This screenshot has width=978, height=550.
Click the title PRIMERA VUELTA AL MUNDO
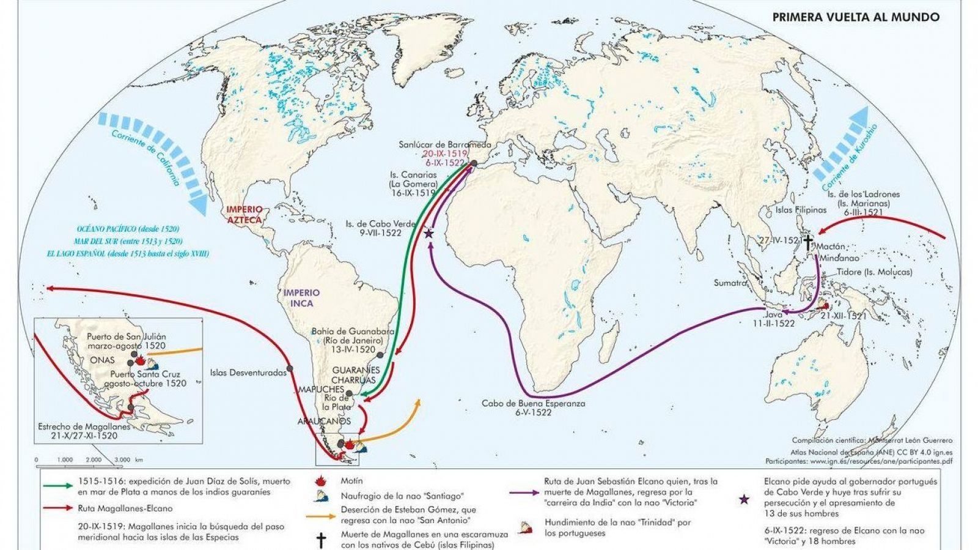coord(856,17)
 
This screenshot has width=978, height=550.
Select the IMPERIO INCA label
coord(298,298)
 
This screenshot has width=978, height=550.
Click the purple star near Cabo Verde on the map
coord(429,233)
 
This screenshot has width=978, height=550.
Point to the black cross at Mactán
coord(808,242)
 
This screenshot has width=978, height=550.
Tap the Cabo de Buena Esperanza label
coord(533,403)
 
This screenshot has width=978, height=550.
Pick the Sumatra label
coord(730,283)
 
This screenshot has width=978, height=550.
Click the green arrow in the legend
coord(59,486)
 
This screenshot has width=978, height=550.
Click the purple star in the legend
coord(744,499)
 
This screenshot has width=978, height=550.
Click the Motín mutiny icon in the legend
coord(319,481)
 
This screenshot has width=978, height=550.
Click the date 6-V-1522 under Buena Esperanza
coord(533,412)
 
